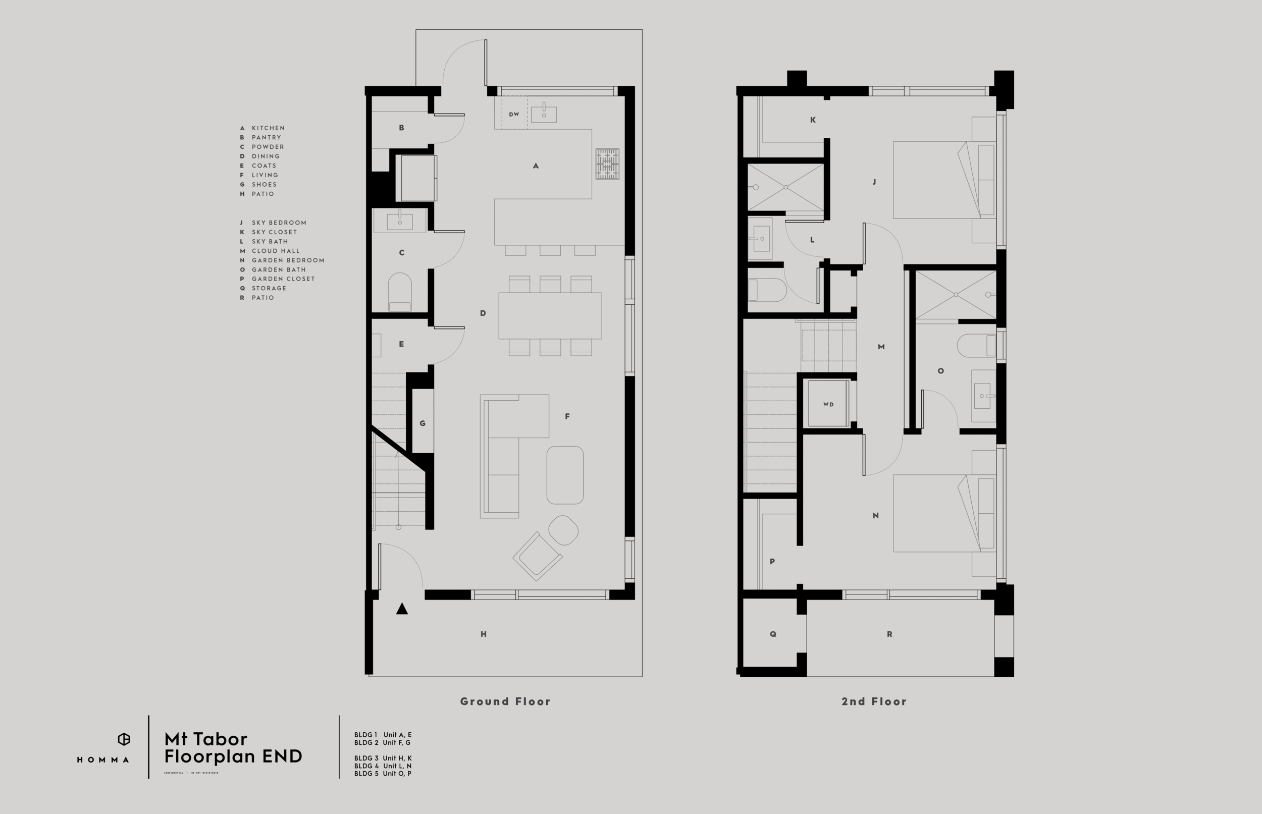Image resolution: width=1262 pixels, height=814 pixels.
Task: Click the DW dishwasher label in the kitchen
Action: (514, 114)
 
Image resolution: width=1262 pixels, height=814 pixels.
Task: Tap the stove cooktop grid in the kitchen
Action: (607, 164)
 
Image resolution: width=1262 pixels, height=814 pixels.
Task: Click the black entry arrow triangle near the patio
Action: (402, 609)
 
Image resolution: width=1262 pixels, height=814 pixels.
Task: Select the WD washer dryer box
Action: (828, 404)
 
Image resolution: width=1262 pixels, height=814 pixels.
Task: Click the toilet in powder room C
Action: (400, 292)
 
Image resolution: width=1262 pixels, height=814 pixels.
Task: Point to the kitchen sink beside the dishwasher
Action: (544, 114)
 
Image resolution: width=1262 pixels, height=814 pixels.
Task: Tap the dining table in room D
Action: (550, 315)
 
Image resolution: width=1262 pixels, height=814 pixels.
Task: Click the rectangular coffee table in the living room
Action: (565, 475)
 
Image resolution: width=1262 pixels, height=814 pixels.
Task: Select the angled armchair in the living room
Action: (537, 556)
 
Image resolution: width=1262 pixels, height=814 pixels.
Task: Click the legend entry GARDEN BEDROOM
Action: (288, 260)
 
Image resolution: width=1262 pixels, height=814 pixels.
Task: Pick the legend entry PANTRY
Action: (266, 137)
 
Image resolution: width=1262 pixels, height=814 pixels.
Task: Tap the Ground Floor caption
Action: (505, 701)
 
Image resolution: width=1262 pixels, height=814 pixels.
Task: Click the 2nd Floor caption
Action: (873, 701)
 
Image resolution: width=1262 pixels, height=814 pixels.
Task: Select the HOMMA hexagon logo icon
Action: (124, 739)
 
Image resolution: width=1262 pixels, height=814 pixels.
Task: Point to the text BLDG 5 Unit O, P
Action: (383, 773)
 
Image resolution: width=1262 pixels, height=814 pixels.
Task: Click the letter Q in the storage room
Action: (773, 634)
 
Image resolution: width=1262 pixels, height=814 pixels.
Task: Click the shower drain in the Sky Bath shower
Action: (785, 187)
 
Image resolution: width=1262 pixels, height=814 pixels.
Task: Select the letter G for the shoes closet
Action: (423, 423)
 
